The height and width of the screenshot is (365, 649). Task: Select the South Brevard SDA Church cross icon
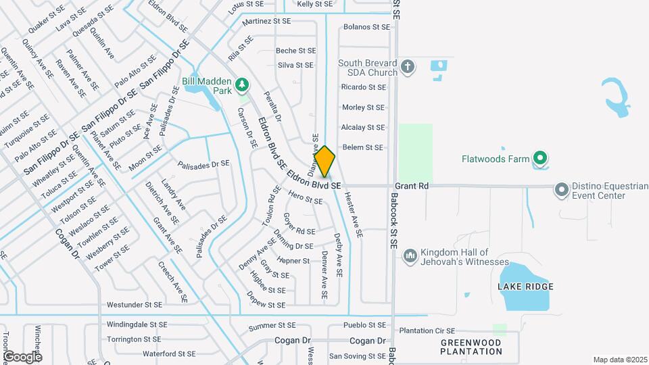tap(407, 67)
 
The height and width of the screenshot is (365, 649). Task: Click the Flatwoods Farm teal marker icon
tap(539, 160)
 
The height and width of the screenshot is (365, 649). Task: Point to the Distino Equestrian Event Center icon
tap(561, 189)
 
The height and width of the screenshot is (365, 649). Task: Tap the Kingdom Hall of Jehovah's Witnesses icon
tap(410, 256)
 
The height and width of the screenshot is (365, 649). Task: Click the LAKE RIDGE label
tap(525, 287)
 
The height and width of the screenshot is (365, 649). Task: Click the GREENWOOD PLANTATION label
tap(472, 347)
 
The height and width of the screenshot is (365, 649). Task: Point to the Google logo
tap(22, 356)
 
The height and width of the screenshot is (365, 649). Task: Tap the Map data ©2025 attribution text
tap(620, 360)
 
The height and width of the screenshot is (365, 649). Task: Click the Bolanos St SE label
tap(367, 27)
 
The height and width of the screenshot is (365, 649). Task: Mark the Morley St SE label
tap(363, 107)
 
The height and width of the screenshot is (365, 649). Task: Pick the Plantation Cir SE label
tap(427, 331)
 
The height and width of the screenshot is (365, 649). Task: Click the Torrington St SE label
tap(134, 339)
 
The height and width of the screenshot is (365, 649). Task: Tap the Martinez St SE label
tap(268, 21)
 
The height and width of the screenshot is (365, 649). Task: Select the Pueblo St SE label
tap(356, 325)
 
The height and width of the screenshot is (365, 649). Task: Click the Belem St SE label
tap(362, 147)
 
